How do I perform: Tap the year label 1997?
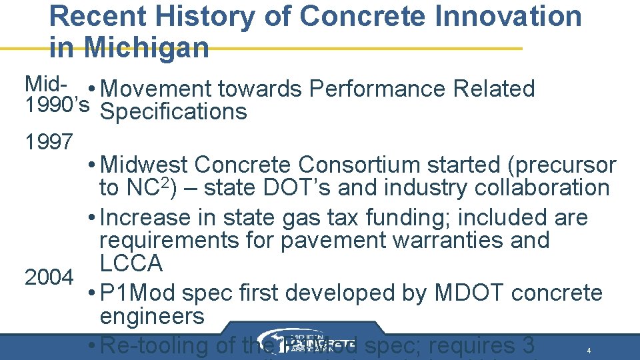(x=49, y=141)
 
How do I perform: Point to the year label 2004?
(x=49, y=277)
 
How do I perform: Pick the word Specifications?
(x=173, y=112)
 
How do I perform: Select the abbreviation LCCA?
(x=131, y=263)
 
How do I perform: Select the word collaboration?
(x=539, y=188)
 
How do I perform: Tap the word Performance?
(x=377, y=89)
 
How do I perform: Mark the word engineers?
(x=152, y=317)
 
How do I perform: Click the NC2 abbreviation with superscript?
(x=142, y=187)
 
